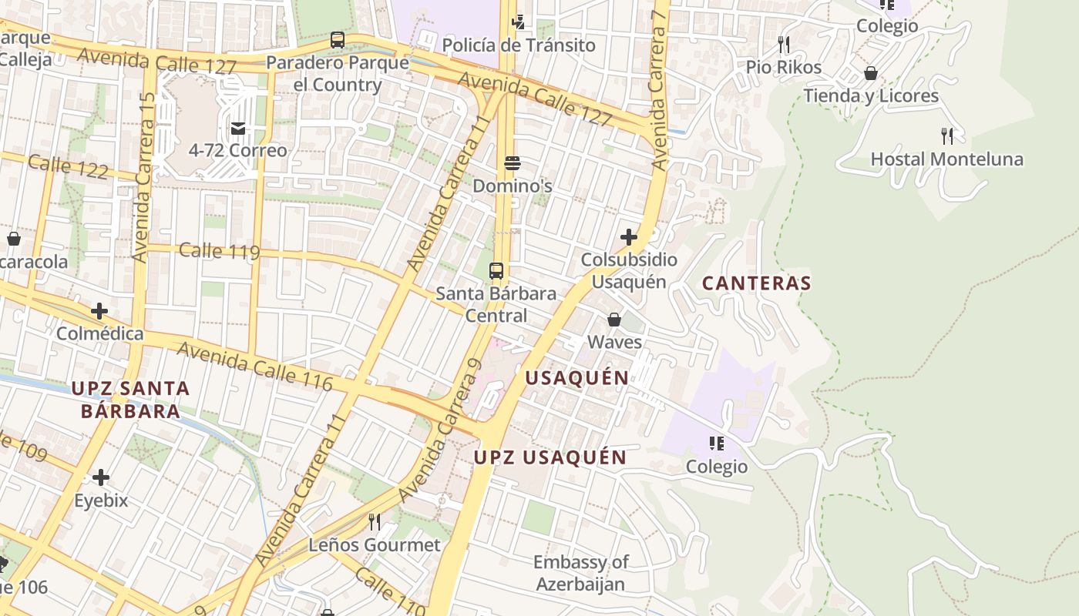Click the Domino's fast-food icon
point(513,162)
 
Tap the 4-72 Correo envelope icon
point(238,128)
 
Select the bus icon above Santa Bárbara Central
point(496,270)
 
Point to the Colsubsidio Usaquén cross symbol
point(629,237)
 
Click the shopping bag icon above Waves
point(614,319)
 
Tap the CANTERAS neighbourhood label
point(756,283)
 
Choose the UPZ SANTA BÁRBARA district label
point(130,400)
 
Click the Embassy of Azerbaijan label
point(580,573)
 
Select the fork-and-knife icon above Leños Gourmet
point(375,522)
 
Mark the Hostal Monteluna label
point(946,159)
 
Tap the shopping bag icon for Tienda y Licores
point(870,73)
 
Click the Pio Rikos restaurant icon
point(784,44)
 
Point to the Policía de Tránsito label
point(519,45)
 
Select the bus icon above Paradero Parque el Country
point(337,40)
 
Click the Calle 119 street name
point(219,251)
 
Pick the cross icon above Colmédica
point(99,311)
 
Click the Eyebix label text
point(100,500)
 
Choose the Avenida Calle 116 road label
point(255,367)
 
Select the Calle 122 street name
point(68,166)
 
